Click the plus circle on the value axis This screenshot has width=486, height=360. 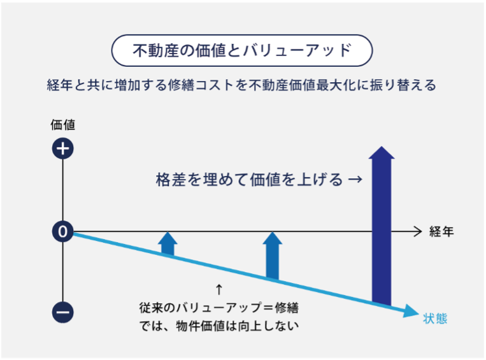click(62, 148)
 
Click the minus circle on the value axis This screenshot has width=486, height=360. click(62, 312)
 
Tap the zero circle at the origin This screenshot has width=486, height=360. click(62, 231)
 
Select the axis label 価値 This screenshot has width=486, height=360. click(62, 125)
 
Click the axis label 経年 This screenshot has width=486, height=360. click(441, 232)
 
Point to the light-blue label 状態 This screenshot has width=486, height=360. click(435, 319)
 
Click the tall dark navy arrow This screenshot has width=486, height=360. click(382, 226)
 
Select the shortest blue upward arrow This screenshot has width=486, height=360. click(168, 244)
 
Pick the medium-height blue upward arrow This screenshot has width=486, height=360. click(272, 256)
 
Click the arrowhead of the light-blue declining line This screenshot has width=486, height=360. click(411, 311)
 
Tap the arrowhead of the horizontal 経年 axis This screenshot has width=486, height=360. click(418, 231)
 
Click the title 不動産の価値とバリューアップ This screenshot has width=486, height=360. click(242, 50)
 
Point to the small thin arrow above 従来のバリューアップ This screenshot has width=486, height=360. click(219, 289)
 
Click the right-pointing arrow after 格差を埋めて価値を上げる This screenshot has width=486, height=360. click(355, 179)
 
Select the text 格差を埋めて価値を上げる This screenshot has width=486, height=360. click(249, 179)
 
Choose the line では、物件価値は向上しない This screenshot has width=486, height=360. click(219, 326)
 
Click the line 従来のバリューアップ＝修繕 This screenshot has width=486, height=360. click(219, 308)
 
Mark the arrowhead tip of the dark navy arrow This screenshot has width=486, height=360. click(382, 147)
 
